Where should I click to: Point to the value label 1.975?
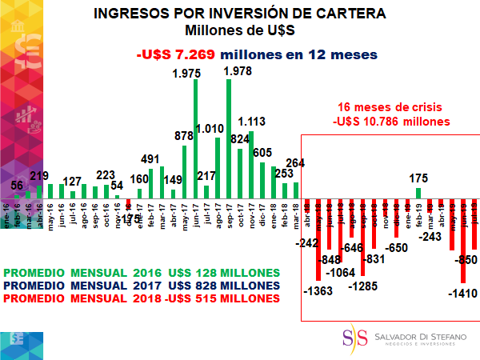coord(189,74)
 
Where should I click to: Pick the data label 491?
coord(151,159)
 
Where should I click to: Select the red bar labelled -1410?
coord(463,240)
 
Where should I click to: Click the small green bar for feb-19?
coord(418,193)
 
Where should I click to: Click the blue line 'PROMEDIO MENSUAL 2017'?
coord(143,285)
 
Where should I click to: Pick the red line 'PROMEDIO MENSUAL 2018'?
coord(143,298)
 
